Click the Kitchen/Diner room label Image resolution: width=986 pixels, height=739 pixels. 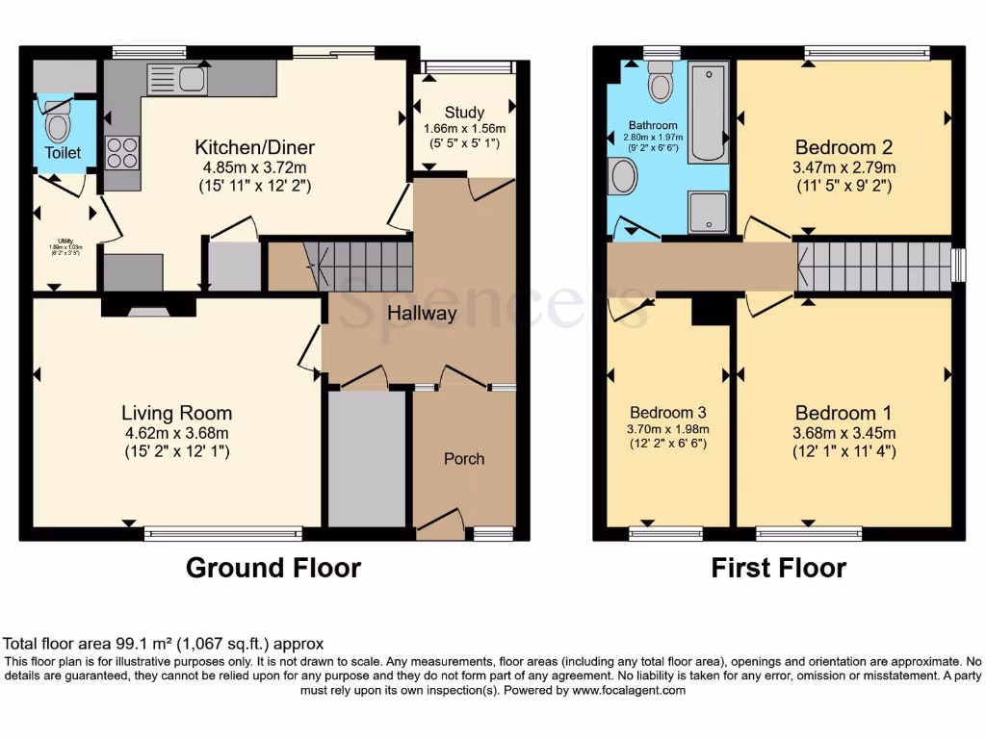click(255, 147)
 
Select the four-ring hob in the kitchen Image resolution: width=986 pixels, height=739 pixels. click(122, 152)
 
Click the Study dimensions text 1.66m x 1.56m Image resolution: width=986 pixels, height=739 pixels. click(464, 129)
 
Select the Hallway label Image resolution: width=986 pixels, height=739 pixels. click(422, 313)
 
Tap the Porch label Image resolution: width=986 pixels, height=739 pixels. click(464, 458)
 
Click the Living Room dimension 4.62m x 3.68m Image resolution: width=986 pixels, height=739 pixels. click(176, 432)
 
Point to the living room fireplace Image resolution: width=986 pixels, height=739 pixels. click(149, 309)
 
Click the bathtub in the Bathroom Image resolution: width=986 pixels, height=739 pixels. click(710, 112)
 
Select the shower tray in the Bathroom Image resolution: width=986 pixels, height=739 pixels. click(709, 211)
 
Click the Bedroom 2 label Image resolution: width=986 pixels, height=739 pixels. click(843, 147)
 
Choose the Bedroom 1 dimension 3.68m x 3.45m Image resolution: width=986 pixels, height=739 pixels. click(844, 432)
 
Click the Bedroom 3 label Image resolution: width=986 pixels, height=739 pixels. click(667, 410)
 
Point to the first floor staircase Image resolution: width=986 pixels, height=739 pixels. click(871, 266)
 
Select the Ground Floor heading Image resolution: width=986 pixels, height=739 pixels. click(272, 568)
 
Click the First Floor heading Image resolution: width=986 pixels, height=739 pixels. click(778, 568)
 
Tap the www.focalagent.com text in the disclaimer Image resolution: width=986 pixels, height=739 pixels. click(628, 690)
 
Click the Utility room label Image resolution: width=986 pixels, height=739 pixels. click(64, 240)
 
